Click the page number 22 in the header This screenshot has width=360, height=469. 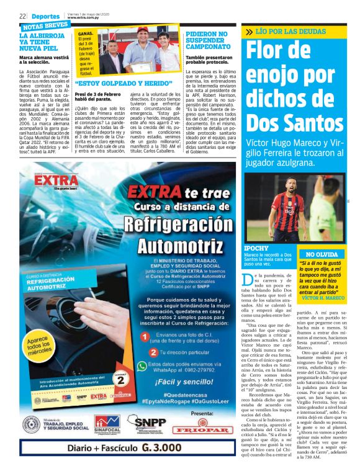pyautogui.click(x=22, y=16)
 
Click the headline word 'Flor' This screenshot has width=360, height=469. pyautogui.click(x=276, y=58)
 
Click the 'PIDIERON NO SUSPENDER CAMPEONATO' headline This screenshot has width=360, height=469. pyautogui.click(x=205, y=41)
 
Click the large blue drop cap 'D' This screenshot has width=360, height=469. pyautogui.click(x=248, y=279)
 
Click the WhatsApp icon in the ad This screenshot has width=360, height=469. pyautogui.click(x=144, y=367)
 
